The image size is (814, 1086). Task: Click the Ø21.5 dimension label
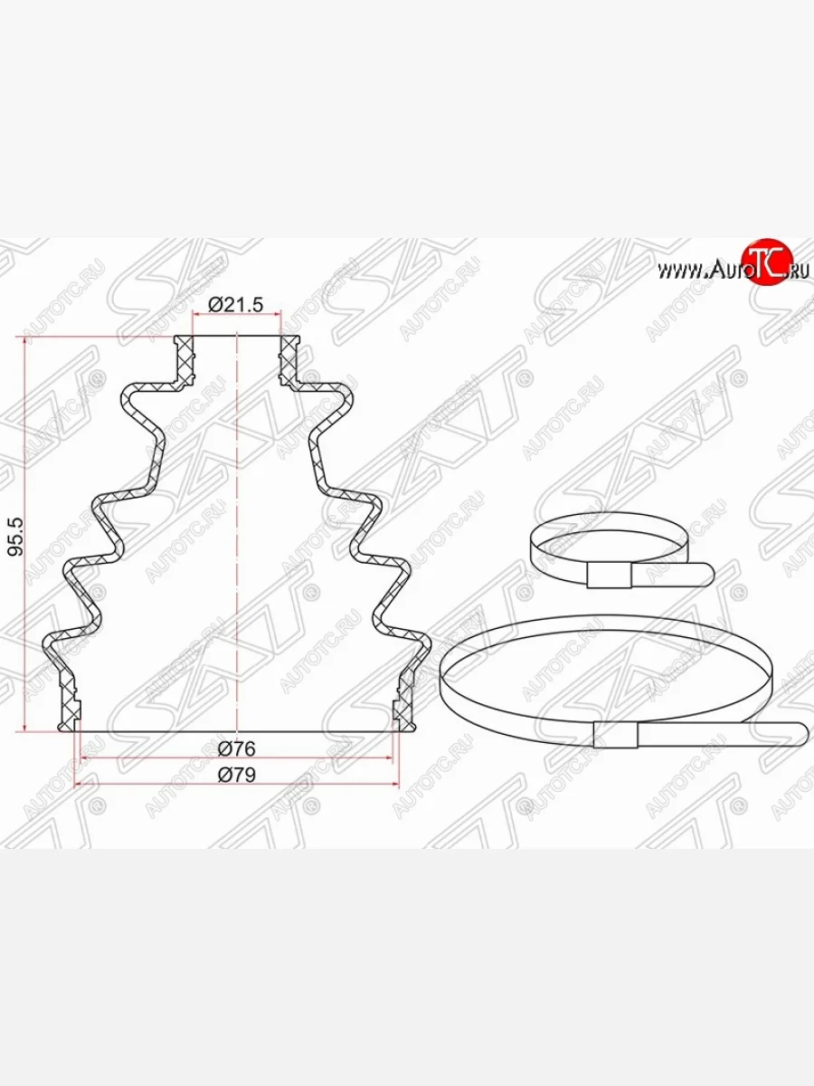click(236, 305)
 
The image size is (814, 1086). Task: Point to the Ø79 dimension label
click(237, 775)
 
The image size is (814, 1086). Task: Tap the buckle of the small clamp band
click(610, 576)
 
